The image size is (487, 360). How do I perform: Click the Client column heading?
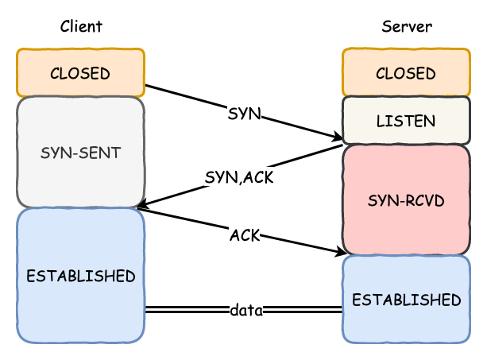81,26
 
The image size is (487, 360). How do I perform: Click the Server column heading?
407,26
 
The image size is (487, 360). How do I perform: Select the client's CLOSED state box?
80,72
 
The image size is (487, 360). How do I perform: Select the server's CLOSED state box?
406,72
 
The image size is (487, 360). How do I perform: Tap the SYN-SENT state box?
80,152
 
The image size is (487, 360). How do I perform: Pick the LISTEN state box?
406,121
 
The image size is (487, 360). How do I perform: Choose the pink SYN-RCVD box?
406,199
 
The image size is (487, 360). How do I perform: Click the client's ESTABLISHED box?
80,276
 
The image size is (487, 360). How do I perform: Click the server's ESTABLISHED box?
406,299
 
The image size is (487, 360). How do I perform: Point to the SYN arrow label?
244,114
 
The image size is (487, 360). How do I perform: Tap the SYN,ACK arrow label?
239,177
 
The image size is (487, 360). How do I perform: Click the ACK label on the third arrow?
245,235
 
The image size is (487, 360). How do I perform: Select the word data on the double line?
246,310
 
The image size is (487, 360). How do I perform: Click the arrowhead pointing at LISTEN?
338,136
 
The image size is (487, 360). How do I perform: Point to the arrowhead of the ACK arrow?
340,251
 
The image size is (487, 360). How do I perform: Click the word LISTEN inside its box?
406,121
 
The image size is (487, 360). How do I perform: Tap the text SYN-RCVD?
406,200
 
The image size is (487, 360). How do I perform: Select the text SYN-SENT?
80,153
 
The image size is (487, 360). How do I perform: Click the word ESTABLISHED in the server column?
406,300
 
